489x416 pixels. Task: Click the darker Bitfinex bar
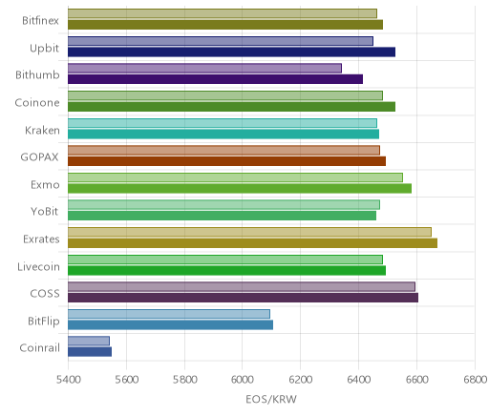coord(225,25)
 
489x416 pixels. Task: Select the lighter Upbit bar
coord(221,41)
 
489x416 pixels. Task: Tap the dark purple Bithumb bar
coord(215,79)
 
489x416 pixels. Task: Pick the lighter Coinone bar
coord(225,95)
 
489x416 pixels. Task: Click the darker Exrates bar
coord(252,243)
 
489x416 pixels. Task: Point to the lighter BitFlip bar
coord(169,314)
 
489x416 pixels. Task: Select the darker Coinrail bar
coord(90,352)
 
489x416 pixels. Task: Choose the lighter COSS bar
coord(242,286)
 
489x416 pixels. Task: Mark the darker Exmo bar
coord(240,188)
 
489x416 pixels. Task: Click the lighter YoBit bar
coord(223,205)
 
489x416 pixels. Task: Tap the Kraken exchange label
coord(42,130)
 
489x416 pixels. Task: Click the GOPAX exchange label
coord(39,157)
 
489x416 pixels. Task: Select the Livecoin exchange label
coord(38,266)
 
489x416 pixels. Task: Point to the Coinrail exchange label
coord(39,347)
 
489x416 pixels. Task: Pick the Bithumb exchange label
coord(37,75)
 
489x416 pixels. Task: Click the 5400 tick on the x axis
coord(68,380)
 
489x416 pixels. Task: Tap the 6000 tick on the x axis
coord(242,380)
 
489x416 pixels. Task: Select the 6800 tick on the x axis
coord(475,380)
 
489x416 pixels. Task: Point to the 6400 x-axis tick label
coord(359,380)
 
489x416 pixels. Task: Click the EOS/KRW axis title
coord(271,399)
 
